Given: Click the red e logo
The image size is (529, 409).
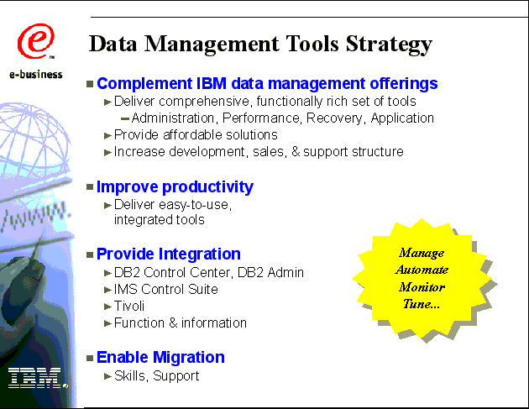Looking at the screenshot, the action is [36, 41].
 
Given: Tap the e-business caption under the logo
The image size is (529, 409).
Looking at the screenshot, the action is [36, 74].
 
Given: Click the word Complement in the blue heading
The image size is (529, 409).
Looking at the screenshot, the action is [144, 84].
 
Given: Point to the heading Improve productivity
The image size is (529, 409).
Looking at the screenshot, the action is [175, 187].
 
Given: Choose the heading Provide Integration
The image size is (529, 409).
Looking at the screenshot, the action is [169, 254].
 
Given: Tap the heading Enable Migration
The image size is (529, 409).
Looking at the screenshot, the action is [160, 358].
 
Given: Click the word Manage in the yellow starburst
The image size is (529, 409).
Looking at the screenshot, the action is [422, 253].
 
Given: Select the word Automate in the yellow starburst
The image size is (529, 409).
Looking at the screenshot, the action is [422, 270].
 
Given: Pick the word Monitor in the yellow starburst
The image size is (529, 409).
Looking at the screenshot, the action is [422, 287].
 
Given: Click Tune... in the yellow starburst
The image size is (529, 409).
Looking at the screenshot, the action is [422, 304].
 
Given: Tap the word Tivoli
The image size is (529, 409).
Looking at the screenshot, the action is [129, 306].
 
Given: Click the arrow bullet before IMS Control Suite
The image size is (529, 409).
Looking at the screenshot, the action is [107, 290].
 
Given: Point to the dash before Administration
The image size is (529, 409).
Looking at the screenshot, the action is [125, 118].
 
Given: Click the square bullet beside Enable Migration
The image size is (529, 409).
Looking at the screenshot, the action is [90, 358].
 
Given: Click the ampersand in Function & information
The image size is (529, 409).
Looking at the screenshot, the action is [173, 323].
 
